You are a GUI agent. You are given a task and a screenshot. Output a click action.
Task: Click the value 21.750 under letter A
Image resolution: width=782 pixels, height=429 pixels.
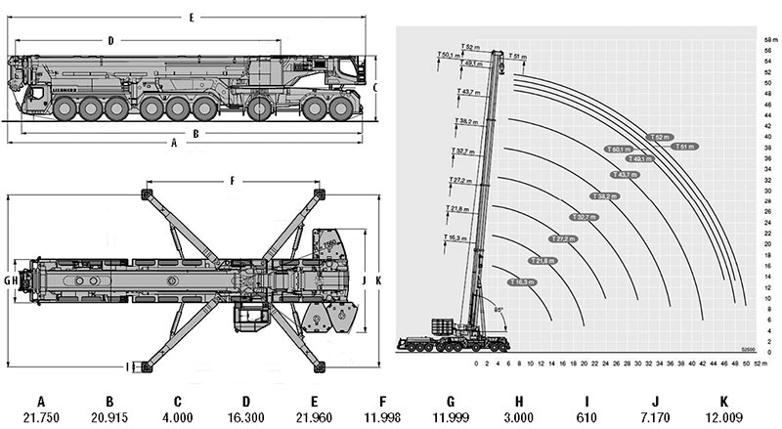pyautogui.click(x=41, y=418)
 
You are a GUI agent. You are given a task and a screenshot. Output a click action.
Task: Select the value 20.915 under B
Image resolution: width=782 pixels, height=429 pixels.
pyautogui.click(x=109, y=418)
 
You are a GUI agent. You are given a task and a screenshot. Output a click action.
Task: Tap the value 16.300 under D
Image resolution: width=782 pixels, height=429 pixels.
pyautogui.click(x=246, y=418)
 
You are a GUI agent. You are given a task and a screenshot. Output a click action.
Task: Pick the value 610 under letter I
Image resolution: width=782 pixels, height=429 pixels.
pyautogui.click(x=586, y=418)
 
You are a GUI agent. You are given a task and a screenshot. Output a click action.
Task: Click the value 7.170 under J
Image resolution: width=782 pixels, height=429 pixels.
pyautogui.click(x=656, y=418)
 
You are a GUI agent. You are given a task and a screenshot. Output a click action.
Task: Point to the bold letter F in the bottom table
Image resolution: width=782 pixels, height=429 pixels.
pyautogui.click(x=382, y=401)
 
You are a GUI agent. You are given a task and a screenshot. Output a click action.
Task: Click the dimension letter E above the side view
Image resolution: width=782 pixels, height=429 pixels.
pyautogui.click(x=191, y=18)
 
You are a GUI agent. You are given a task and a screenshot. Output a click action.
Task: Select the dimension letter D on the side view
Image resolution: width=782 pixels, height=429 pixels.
pyautogui.click(x=111, y=40)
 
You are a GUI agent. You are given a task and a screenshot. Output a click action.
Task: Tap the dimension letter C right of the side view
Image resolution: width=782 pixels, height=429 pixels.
pyautogui.click(x=375, y=86)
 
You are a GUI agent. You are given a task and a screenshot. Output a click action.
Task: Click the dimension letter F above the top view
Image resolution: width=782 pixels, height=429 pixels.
pyautogui.click(x=232, y=181)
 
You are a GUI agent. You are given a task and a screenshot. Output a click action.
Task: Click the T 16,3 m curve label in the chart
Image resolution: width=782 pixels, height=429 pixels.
pyautogui.click(x=522, y=282)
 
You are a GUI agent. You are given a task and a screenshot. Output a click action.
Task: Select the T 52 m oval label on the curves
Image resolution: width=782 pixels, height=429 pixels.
pyautogui.click(x=661, y=137)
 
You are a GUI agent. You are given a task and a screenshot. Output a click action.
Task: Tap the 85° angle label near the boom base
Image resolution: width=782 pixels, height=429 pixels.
pyautogui.click(x=500, y=310)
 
